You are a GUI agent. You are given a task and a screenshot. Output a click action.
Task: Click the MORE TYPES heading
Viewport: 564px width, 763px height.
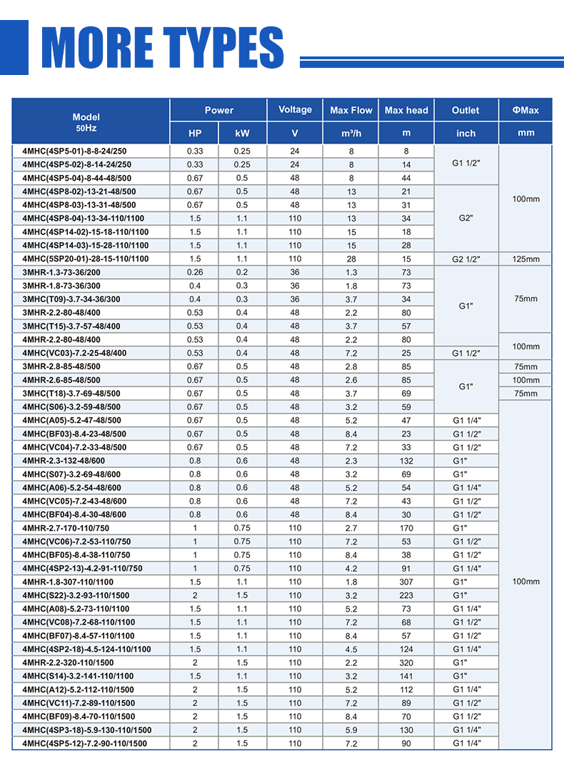click(163, 49)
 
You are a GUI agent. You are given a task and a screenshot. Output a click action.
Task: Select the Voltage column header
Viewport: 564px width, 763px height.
click(295, 110)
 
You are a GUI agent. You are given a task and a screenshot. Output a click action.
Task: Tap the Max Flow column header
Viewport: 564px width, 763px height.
click(351, 111)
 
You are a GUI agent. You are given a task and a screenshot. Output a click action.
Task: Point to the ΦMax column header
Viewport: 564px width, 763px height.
click(525, 111)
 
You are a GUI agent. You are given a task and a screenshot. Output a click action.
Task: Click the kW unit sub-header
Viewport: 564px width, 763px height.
click(243, 134)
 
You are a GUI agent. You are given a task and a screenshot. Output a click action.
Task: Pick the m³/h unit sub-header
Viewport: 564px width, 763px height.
click(351, 134)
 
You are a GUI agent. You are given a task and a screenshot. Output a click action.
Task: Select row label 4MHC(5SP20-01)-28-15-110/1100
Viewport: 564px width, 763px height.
click(86, 259)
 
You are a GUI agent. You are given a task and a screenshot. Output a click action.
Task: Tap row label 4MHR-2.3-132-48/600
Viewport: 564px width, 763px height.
click(64, 461)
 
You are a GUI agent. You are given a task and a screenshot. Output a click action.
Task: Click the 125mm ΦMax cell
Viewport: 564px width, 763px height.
click(525, 259)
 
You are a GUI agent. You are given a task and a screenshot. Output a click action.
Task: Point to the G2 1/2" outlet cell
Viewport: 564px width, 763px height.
click(466, 259)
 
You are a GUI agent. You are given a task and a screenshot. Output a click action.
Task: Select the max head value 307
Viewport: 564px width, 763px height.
click(406, 582)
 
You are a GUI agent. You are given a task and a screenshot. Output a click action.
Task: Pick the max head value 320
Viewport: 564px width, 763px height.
click(406, 663)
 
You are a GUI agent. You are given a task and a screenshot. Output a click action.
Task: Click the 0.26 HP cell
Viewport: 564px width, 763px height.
click(195, 272)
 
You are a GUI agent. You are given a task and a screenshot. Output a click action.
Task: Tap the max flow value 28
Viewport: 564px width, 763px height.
click(351, 259)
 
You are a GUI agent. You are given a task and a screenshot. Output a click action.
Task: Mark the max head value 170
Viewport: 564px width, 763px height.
click(406, 528)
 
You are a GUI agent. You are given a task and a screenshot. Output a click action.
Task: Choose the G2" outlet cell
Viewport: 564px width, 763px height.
click(466, 218)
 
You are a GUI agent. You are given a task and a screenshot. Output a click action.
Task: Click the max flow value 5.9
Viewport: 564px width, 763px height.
click(351, 730)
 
